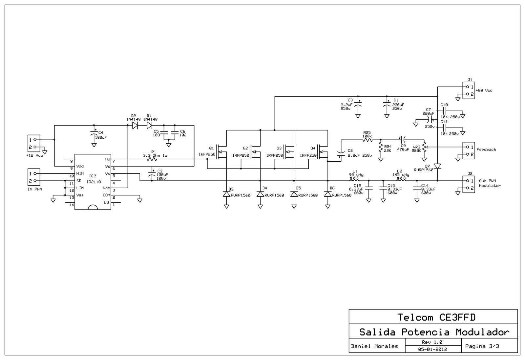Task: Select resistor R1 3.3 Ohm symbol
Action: pyautogui.click(x=152, y=159)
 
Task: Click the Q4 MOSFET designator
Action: pyautogui.click(x=313, y=148)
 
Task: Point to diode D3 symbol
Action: pyautogui.click(x=226, y=194)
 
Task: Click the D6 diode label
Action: pyautogui.click(x=332, y=188)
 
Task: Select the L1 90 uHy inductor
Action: pyautogui.click(x=354, y=179)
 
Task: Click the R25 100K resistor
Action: pyautogui.click(x=367, y=140)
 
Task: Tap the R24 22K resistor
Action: pyautogui.click(x=381, y=148)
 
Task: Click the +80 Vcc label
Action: pyautogui.click(x=484, y=90)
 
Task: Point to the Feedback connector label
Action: pyautogui.click(x=486, y=150)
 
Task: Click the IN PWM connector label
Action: pyautogui.click(x=35, y=189)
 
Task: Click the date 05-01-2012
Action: pyautogui.click(x=432, y=349)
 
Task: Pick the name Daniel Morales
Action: pyautogui.click(x=374, y=346)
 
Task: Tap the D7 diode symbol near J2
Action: pyautogui.click(x=437, y=166)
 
